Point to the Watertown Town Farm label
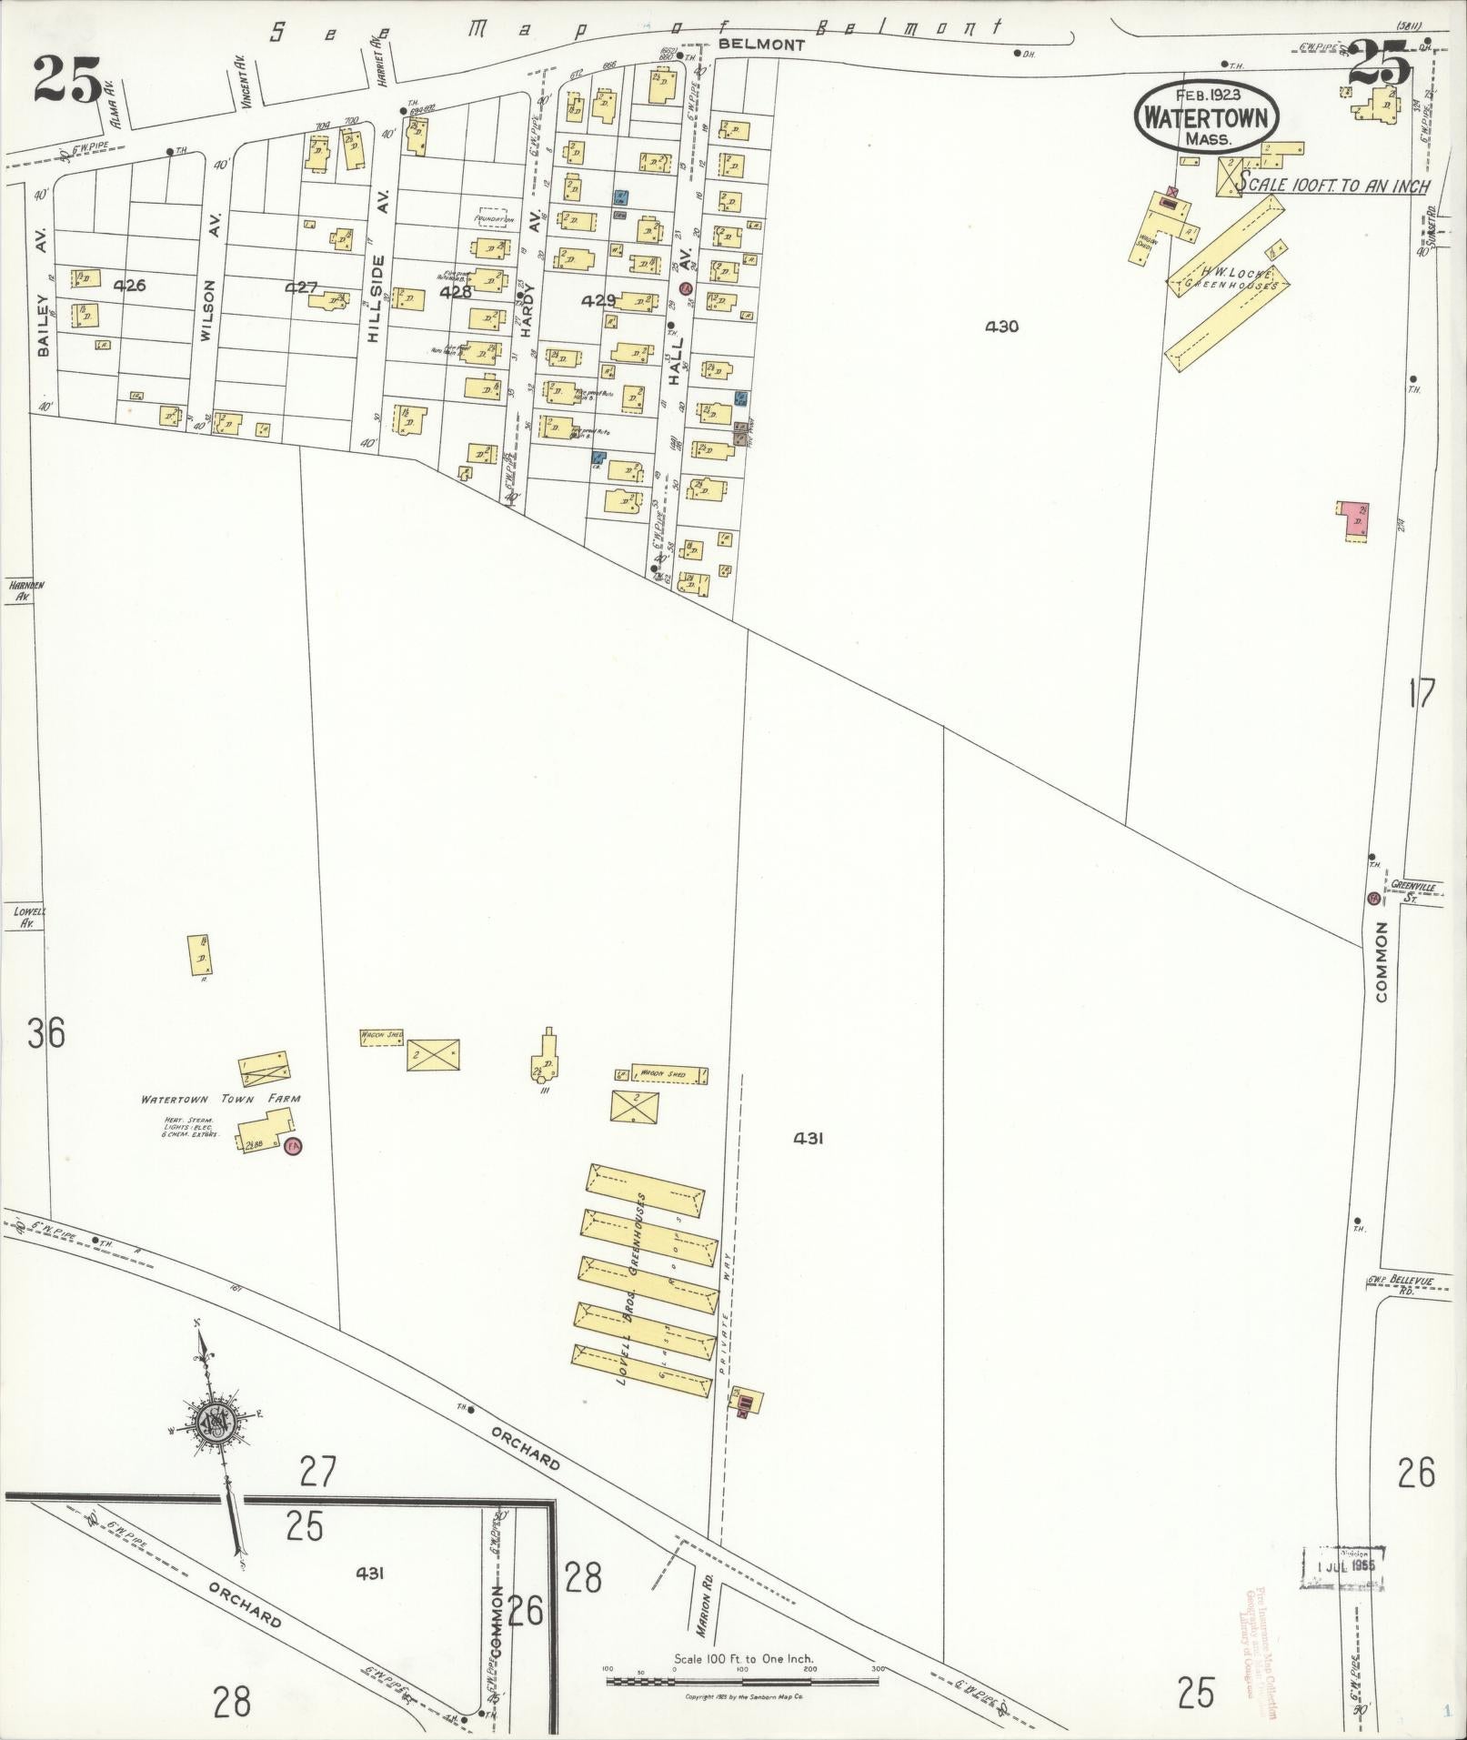coord(220,1099)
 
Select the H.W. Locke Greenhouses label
coord(1230,277)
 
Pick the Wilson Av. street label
coord(209,309)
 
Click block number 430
coord(1000,327)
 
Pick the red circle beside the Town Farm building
coord(293,1145)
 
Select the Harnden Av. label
coord(26,591)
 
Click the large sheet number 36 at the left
coord(45,1033)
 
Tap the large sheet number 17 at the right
coord(1421,695)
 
